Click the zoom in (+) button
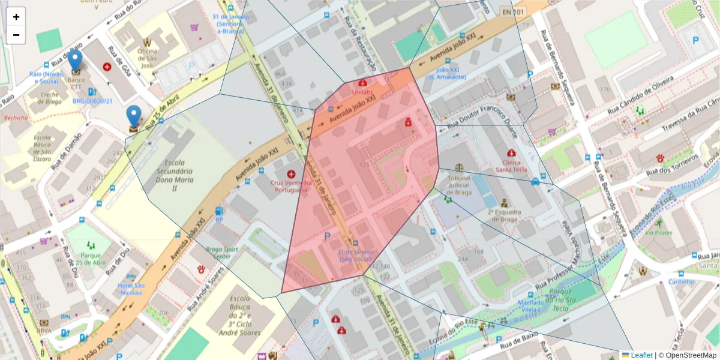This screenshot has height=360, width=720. [x=16, y=17]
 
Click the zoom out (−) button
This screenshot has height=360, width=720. [x=16, y=35]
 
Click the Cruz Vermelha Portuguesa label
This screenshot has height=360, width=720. [x=291, y=186]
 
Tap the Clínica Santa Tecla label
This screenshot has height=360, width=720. [x=511, y=166]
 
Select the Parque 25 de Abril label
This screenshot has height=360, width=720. [x=91, y=259]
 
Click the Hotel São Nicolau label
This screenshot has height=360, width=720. [x=131, y=289]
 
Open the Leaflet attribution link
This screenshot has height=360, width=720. [x=641, y=355]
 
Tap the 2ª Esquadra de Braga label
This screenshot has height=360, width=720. [x=504, y=215]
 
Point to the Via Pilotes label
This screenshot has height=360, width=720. [x=659, y=233]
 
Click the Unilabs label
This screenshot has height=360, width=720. [x=362, y=93]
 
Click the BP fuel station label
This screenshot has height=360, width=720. [x=219, y=220]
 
